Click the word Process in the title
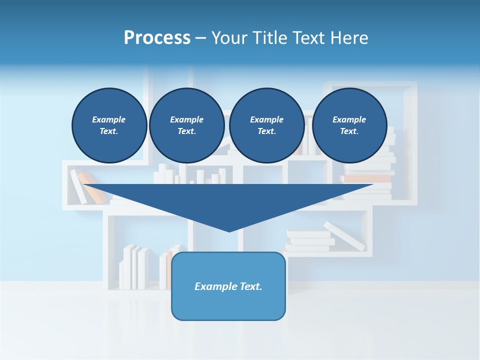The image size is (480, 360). (157, 38)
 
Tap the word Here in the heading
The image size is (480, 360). (348, 38)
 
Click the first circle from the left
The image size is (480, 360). (109, 125)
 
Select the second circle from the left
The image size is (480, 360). (186, 125)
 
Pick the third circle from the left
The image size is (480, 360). (266, 125)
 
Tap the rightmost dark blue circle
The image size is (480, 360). (349, 125)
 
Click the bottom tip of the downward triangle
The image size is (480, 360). (229, 230)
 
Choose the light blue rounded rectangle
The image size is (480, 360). (228, 305)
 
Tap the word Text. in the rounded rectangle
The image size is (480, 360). (251, 286)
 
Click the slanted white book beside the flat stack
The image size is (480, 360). (345, 236)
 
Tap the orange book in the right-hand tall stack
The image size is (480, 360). (367, 178)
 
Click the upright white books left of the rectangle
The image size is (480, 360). (135, 267)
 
